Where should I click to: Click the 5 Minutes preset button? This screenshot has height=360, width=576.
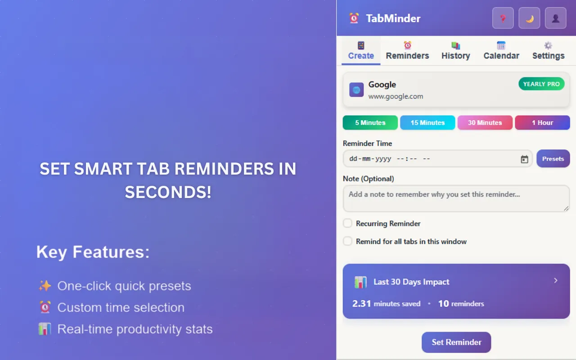pos(370,122)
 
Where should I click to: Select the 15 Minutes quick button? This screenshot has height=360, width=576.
pos(427,122)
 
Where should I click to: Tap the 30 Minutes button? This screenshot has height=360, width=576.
pos(485,122)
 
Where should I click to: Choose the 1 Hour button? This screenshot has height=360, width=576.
pos(542,122)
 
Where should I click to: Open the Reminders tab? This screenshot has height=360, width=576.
pos(407,50)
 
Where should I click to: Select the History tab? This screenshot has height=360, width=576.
pos(455,50)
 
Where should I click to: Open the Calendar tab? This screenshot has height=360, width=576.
pos(501,50)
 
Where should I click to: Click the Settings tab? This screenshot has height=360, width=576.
pos(548,50)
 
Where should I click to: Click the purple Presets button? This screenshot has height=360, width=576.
pos(553,159)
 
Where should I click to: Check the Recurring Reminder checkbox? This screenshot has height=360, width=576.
pos(347,223)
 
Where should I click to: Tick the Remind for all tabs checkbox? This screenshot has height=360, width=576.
pos(347,241)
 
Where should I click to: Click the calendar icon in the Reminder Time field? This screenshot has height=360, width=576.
pos(524,159)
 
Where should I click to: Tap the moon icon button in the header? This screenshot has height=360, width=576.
pos(529,18)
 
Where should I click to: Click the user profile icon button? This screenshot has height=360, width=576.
pos(555,18)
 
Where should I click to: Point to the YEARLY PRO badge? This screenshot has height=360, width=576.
pos(541,84)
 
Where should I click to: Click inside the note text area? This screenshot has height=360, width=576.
pos(456,198)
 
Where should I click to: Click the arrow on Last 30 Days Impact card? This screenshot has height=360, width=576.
pos(556,280)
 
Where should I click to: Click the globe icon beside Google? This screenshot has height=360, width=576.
pos(356,90)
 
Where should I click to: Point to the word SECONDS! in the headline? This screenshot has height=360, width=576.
pos(168,192)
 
